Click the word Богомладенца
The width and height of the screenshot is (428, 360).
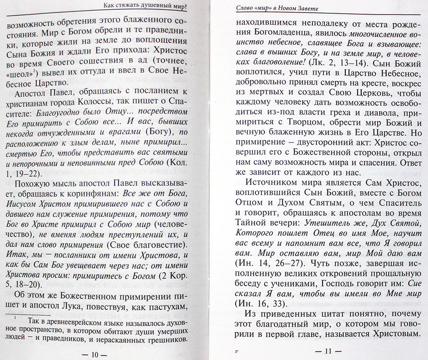tap(260, 30)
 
